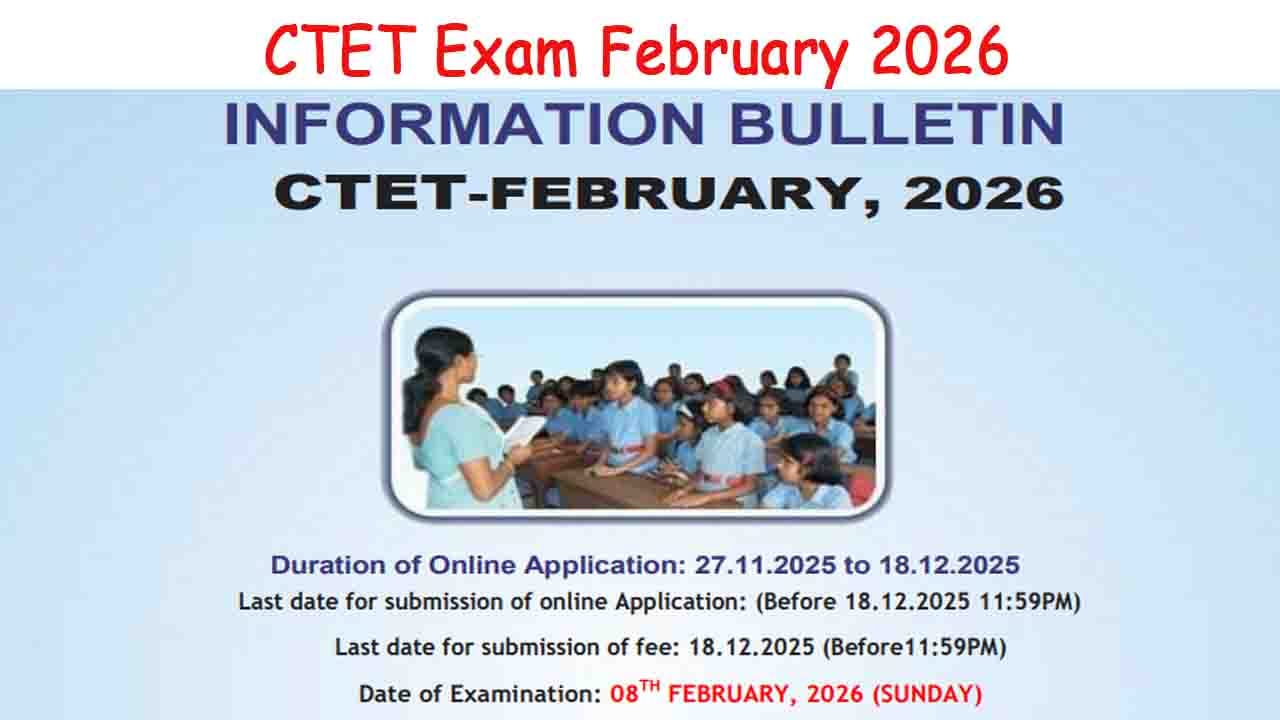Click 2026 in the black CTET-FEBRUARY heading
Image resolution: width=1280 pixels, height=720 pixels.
coord(982,193)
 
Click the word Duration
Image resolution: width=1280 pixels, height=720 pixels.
coord(331,565)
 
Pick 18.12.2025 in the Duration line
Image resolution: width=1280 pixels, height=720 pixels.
coord(949,565)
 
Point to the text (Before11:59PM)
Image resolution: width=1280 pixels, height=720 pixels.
coord(913,647)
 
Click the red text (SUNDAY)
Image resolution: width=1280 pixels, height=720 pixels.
coord(927,693)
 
